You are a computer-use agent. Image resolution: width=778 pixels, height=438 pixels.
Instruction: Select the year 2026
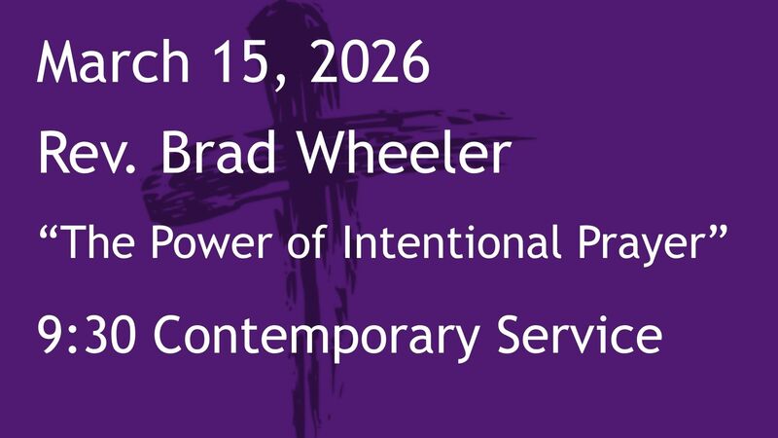(x=374, y=64)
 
